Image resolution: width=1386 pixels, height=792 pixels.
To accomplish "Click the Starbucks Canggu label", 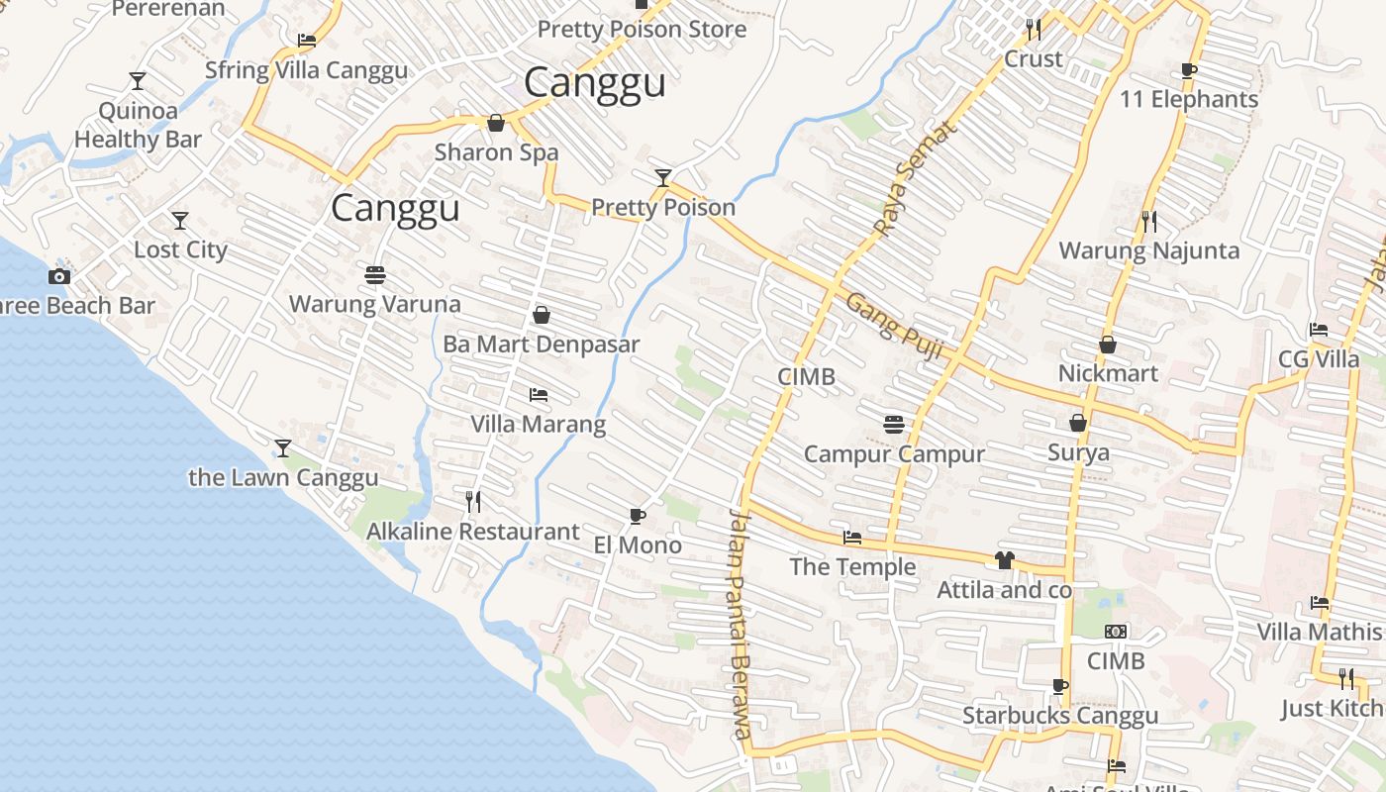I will tap(1060, 715).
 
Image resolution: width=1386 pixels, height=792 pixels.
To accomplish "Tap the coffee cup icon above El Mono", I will tap(638, 516).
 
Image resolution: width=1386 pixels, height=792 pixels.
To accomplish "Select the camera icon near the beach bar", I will tap(59, 276).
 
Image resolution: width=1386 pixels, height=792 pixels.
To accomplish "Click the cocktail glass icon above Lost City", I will tap(179, 220).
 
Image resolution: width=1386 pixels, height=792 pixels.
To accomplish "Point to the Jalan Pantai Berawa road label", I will tap(740, 624).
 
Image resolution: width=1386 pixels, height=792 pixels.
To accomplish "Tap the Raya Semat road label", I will tap(917, 179).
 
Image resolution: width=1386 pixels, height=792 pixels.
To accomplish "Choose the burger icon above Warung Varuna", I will tap(374, 274).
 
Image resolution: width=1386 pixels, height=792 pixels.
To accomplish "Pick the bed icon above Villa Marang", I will tap(538, 395).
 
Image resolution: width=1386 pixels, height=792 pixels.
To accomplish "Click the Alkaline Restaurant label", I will tap(472, 532).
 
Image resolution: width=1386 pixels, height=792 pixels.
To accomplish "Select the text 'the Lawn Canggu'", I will tap(283, 477).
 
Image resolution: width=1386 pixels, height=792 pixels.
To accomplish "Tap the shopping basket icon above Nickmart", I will tap(1108, 345).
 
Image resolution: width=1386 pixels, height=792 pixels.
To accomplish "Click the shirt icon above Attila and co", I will tap(1005, 560).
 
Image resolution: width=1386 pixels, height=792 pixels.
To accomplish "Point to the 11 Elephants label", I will tap(1188, 99).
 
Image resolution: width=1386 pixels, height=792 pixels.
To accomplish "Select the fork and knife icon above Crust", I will tap(1034, 30).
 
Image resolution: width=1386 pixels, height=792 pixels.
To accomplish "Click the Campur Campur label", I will tap(893, 454).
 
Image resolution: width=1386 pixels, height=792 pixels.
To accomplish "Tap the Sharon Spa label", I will tap(496, 152).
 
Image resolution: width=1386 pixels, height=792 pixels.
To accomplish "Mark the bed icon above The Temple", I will tap(851, 539).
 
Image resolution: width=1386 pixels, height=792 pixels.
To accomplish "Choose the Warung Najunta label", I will tap(1148, 250).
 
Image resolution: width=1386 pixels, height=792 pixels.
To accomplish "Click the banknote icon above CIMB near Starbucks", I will tap(1116, 632).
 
